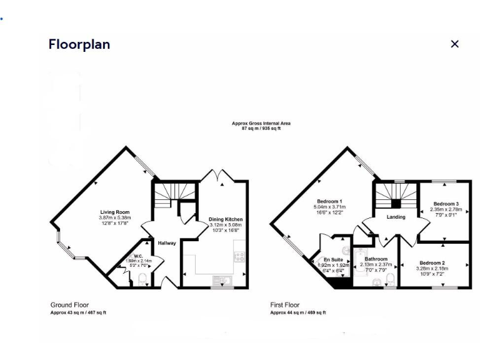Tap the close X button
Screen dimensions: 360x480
pyautogui.click(x=454, y=44)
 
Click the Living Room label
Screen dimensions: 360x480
pyautogui.click(x=114, y=212)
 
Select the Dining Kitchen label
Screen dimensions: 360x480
pyautogui.click(x=225, y=219)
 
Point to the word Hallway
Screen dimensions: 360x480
pyautogui.click(x=167, y=243)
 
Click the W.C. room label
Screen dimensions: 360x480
pyautogui.click(x=130, y=256)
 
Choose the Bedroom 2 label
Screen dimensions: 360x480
pyautogui.click(x=432, y=262)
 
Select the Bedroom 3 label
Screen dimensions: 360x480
pyautogui.click(x=446, y=204)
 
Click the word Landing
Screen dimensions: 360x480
pyautogui.click(x=396, y=217)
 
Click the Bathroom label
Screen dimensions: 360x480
pyautogui.click(x=376, y=259)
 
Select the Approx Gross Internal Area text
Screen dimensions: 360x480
pyautogui.click(x=261, y=124)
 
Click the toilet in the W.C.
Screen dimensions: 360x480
pyautogui.click(x=142, y=279)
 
